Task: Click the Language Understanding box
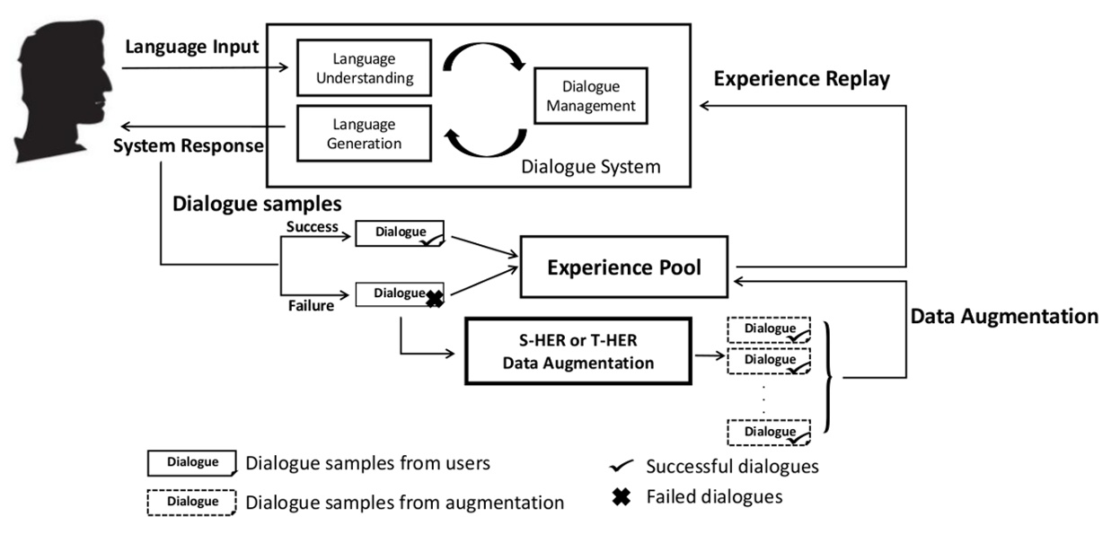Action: tap(365, 68)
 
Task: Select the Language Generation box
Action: tap(365, 134)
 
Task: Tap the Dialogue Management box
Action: tap(591, 96)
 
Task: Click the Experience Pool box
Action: tap(624, 267)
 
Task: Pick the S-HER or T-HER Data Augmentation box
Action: tap(578, 351)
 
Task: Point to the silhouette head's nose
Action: tap(109, 89)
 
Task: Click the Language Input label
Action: tap(191, 47)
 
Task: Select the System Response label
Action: tap(188, 145)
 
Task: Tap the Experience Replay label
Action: tap(801, 79)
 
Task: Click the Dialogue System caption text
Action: tap(590, 167)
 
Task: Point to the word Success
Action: tap(313, 227)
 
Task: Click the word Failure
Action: tap(311, 306)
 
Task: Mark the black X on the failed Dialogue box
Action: tap(435, 299)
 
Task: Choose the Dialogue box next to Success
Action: tap(400, 233)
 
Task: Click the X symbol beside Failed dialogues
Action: tap(622, 497)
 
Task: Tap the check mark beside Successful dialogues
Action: tap(622, 465)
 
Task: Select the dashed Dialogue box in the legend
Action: tap(191, 503)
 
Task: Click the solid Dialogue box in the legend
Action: tap(192, 463)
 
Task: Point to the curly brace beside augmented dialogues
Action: tap(828, 378)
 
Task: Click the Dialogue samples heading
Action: tap(257, 204)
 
